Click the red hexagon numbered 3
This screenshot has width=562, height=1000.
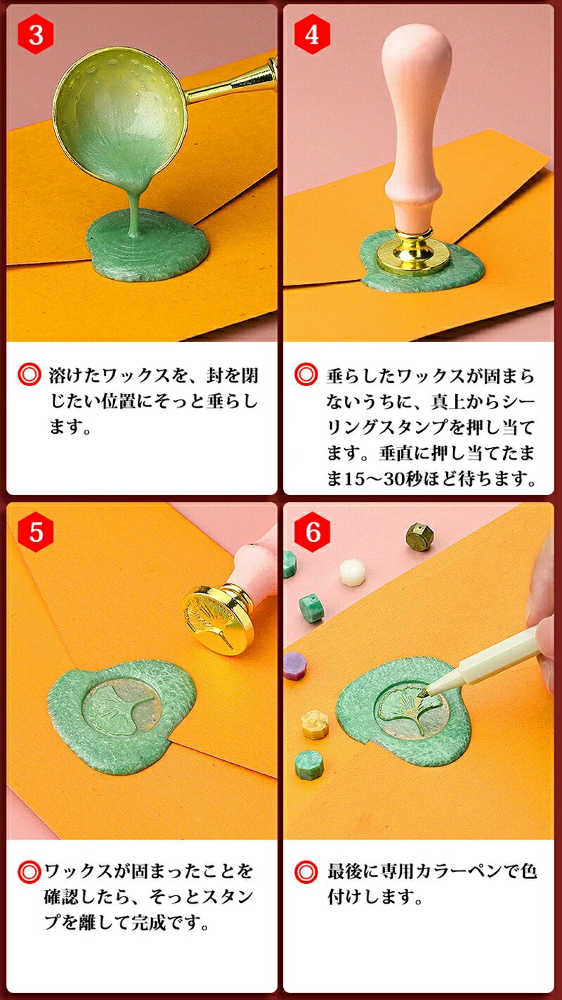36,35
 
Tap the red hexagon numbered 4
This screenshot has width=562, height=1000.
312,34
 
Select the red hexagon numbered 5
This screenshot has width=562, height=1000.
36,532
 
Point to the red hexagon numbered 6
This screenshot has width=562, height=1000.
312,532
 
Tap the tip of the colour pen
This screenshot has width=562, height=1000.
422,695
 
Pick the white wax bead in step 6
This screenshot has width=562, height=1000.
353,572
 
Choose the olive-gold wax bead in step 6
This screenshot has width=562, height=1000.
419,536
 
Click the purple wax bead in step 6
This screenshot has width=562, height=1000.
294,666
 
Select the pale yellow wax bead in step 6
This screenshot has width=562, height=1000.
315,725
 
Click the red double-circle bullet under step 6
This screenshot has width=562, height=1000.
306,871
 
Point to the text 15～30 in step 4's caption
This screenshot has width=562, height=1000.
373,479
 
